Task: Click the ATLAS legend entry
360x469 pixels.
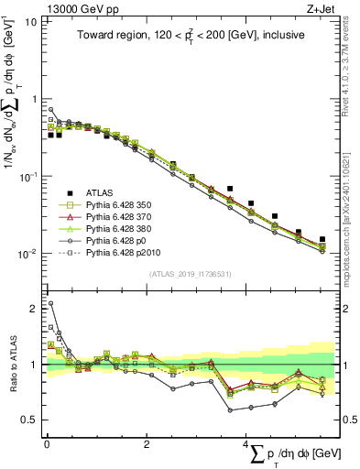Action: point(100,192)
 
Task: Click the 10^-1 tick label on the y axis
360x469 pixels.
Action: point(29,176)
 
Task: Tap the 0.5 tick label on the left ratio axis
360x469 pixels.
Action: point(32,420)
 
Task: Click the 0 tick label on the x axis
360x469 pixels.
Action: point(47,444)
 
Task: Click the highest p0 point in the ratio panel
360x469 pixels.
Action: point(50,303)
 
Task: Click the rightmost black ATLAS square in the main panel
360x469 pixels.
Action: point(322,239)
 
